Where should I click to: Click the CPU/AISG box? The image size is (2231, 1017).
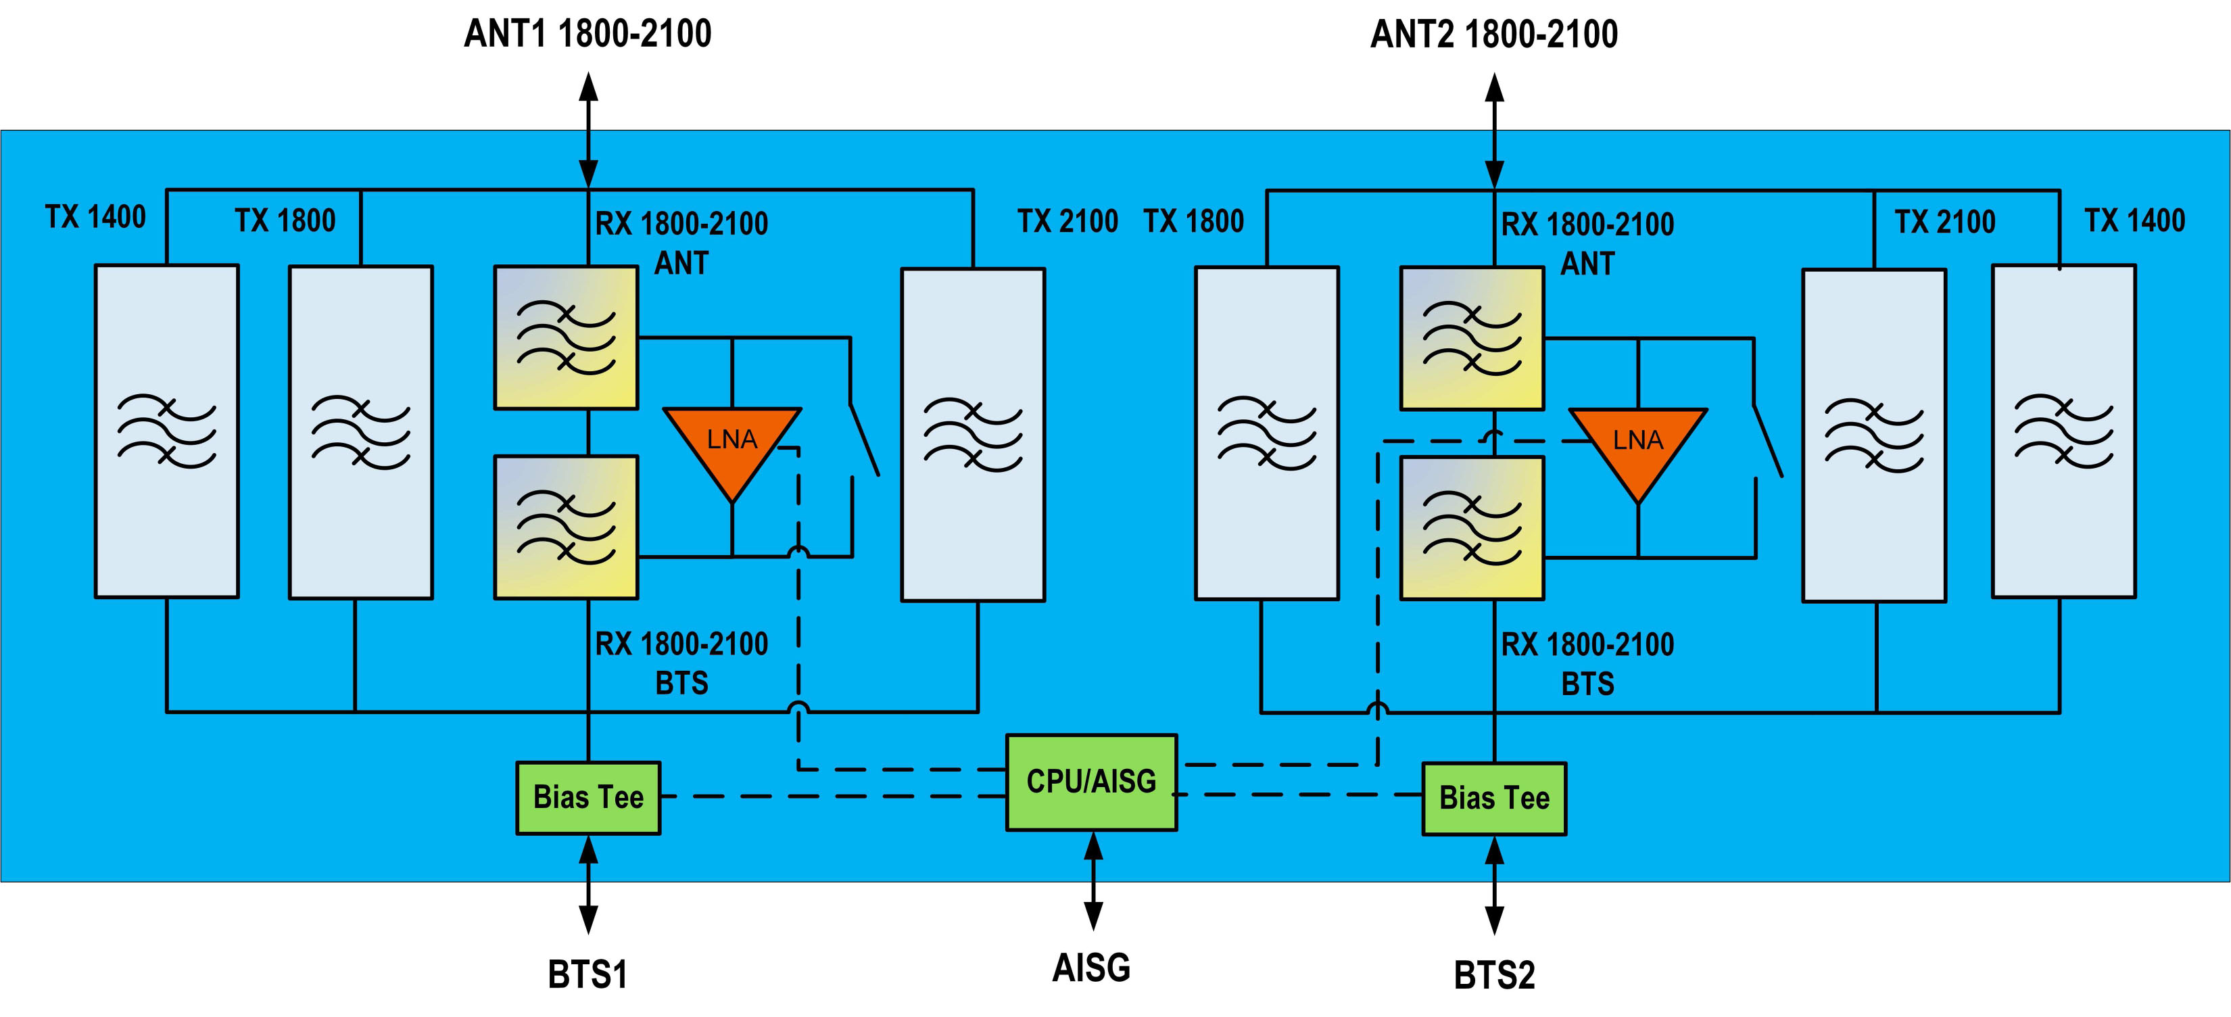point(1090,782)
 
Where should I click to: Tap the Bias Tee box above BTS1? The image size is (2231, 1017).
point(588,798)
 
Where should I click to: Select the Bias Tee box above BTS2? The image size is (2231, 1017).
point(1494,799)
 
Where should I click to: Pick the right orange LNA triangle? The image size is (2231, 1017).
point(1637,446)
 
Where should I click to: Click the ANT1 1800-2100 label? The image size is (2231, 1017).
point(587,34)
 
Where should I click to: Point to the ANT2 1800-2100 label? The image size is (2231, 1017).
point(1494,34)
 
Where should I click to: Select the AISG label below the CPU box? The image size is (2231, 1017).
point(1091,968)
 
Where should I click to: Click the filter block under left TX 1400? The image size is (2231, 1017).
point(166,431)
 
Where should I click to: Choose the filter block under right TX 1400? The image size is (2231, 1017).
point(2064,431)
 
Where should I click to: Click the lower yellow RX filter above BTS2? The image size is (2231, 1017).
point(1472,527)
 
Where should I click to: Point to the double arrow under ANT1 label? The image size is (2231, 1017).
point(588,130)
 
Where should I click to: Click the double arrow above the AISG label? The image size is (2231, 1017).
point(1094,881)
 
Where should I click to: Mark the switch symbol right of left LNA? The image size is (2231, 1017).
point(864,440)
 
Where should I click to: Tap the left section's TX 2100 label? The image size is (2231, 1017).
point(1067,222)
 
